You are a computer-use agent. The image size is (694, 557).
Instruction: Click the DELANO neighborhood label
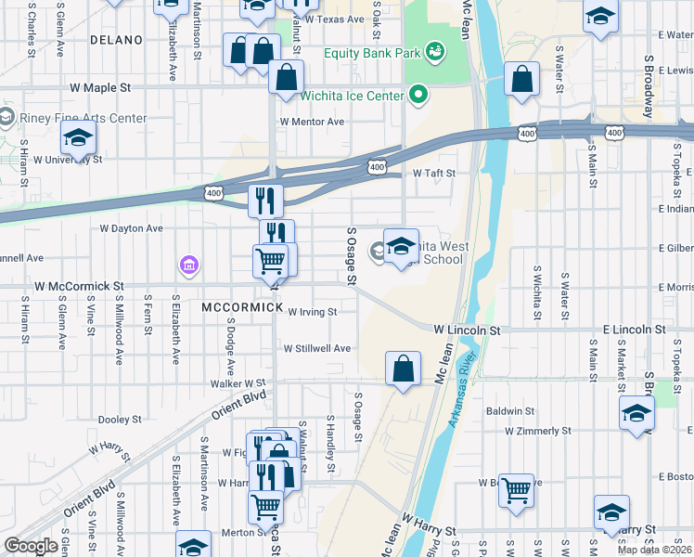[x=117, y=40]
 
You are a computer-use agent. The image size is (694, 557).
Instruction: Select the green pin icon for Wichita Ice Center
[x=418, y=95]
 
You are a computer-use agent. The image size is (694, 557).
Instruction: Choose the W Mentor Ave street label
[x=313, y=122]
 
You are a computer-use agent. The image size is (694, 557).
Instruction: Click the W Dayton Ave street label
[x=131, y=227]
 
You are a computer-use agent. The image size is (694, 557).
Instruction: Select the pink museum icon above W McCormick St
[x=188, y=267]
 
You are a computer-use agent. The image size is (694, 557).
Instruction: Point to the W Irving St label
[x=312, y=312]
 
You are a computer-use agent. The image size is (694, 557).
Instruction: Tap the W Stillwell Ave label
[x=317, y=348]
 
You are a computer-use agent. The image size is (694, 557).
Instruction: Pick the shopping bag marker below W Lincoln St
[x=404, y=369]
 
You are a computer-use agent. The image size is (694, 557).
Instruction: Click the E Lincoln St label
[x=634, y=330]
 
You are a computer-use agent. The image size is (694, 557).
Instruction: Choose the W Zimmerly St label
[x=538, y=431]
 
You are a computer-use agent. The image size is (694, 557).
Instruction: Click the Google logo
[x=31, y=545]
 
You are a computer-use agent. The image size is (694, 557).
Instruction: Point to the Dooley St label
[x=119, y=420]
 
